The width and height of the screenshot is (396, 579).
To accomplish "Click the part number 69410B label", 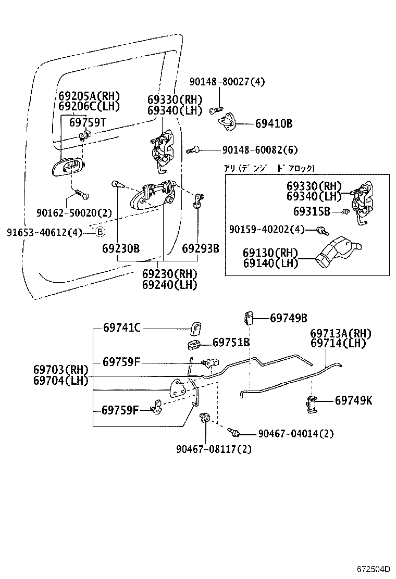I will click(274, 124).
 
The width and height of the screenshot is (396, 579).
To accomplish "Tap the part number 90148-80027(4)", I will click(227, 82).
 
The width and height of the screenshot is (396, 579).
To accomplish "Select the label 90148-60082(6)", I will click(259, 150).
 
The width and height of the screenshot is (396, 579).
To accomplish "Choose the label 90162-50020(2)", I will click(74, 212).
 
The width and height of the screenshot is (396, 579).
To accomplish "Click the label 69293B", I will click(200, 248).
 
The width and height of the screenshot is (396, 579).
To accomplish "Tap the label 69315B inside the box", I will click(312, 211).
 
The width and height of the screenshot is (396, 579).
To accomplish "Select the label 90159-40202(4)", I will click(267, 229).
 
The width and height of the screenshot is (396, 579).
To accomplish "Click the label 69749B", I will click(289, 318).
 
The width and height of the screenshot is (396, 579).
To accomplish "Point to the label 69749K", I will click(354, 400).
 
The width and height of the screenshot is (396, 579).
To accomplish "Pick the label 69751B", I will click(231, 342).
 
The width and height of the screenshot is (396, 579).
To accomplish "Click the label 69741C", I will click(122, 328).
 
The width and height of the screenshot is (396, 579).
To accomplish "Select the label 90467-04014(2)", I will click(295, 433).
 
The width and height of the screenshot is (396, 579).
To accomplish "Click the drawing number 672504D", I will click(374, 569).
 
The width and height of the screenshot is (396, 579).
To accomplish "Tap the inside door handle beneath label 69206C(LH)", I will click(68, 168).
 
